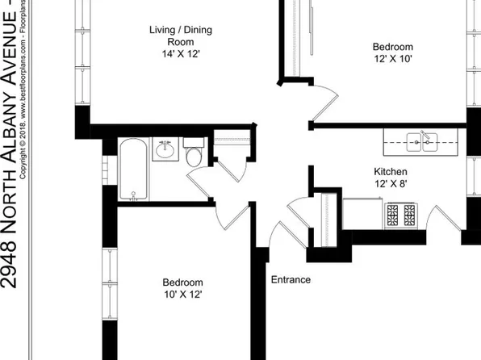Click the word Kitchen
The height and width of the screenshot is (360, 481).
390,172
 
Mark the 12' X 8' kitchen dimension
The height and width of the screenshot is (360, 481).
390,185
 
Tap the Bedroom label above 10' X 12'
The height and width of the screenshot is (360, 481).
183,283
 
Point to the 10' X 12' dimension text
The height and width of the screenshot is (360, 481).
183,295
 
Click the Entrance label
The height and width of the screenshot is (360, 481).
291,280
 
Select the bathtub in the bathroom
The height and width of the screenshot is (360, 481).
133,170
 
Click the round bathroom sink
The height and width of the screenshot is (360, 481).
167,149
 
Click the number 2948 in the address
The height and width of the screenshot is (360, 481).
9,265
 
